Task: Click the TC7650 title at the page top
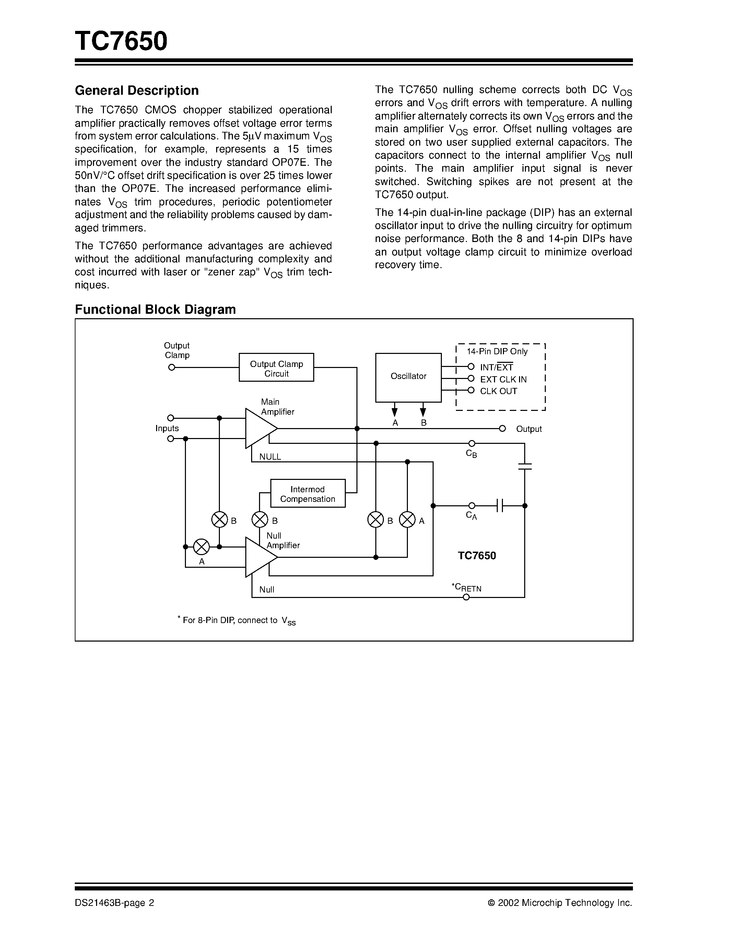pos(121,42)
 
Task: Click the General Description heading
pos(137,90)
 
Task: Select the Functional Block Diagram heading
pos(155,310)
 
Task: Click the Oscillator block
pos(408,377)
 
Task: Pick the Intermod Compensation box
pos(307,494)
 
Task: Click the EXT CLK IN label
pos(503,380)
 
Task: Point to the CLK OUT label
pos(498,391)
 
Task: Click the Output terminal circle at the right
pos(502,429)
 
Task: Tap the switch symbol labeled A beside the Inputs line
pos(201,547)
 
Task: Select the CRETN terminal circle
pos(466,597)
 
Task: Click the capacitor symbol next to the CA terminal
pos(500,506)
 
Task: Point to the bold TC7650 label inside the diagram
pos(477,556)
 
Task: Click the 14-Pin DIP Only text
pos(497,352)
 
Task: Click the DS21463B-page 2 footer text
pos(115,903)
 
